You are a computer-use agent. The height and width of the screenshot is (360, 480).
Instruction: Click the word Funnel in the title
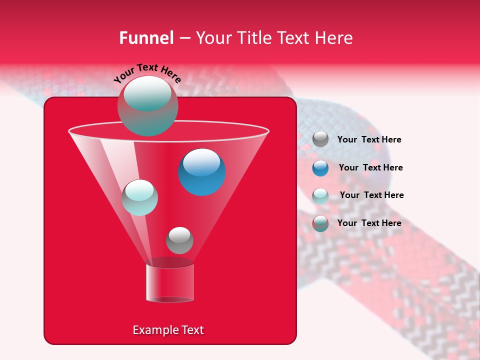[x=146, y=38]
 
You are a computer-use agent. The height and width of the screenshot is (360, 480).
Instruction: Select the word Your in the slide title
[x=213, y=38]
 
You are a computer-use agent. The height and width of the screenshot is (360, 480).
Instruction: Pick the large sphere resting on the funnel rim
[x=147, y=105]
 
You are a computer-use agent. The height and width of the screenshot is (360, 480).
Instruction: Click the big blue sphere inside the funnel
[x=201, y=172]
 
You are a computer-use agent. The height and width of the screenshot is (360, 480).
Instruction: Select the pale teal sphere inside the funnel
[x=139, y=197]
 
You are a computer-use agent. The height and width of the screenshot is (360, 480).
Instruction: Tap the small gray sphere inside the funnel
[x=179, y=240]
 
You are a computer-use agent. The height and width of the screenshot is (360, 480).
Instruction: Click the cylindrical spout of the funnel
[x=169, y=283]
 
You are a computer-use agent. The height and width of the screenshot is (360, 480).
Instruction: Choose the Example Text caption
[x=168, y=330]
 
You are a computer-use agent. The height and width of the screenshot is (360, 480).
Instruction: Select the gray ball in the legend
[x=320, y=139]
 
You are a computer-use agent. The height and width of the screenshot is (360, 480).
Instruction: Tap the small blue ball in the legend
[x=320, y=168]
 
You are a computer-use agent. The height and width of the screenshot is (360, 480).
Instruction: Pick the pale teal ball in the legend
[x=320, y=196]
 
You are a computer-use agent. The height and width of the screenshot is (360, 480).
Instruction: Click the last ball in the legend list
[x=320, y=223]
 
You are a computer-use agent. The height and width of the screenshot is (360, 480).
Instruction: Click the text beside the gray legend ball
[x=369, y=139]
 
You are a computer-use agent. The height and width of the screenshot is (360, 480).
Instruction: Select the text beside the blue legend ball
[x=370, y=167]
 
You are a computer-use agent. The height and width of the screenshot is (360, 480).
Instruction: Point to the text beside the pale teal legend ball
[x=371, y=195]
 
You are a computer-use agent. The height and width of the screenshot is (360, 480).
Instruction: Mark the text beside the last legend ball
[x=369, y=223]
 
